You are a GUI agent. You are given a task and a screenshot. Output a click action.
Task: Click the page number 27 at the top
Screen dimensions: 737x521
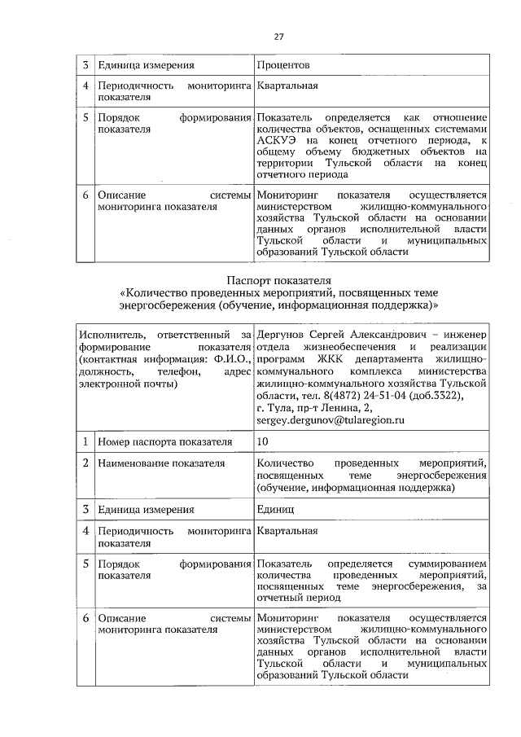(278, 37)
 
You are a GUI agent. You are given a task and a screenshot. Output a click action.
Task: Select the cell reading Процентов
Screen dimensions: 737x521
(283, 64)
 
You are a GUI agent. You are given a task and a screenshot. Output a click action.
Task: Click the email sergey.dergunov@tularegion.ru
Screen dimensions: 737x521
(331, 420)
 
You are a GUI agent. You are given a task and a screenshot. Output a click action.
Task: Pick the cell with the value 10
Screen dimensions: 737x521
(263, 441)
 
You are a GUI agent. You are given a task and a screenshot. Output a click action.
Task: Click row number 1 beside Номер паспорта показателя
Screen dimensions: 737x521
(85, 441)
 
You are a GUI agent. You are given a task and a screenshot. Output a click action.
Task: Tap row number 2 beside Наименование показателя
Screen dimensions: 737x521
(85, 463)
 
